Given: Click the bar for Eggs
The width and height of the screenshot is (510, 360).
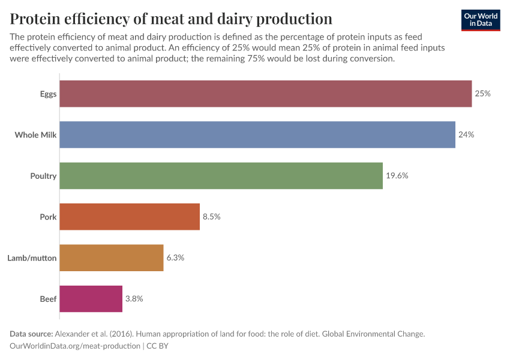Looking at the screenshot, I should coord(266,94).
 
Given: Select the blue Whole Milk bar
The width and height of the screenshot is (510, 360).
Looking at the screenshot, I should coord(257,135).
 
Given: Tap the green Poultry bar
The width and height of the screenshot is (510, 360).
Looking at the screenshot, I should coord(221,176).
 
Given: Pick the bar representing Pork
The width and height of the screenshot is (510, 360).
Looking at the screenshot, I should coord(130,217).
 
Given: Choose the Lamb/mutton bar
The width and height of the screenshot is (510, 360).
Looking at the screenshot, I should coord(112,257).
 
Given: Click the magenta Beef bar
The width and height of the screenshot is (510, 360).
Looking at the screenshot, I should coord(92,298).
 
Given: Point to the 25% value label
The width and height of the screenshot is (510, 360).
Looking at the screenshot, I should coord(482,94).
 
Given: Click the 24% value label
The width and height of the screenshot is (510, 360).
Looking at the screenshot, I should coord(466,135).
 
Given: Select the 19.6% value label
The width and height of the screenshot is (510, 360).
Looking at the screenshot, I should coord(397,176).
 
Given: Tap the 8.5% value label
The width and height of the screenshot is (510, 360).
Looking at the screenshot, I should coord(211,217).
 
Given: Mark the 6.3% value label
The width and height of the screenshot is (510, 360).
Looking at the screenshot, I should coord(175,257).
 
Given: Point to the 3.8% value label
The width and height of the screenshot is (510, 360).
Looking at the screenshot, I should coord(134,298).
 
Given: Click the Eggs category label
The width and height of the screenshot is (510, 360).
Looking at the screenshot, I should coord(48,94).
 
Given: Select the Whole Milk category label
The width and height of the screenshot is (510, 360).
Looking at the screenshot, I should coord(35,135).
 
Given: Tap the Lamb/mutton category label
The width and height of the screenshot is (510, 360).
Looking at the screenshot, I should coord(32,257).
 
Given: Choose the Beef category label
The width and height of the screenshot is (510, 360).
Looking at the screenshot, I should coord(48,298).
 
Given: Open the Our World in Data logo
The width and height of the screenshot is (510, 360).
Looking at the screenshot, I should coord(481,20).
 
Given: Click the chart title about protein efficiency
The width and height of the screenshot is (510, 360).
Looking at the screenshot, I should coord(171,19).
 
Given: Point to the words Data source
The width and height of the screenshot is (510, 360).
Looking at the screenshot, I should coord(31,334).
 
